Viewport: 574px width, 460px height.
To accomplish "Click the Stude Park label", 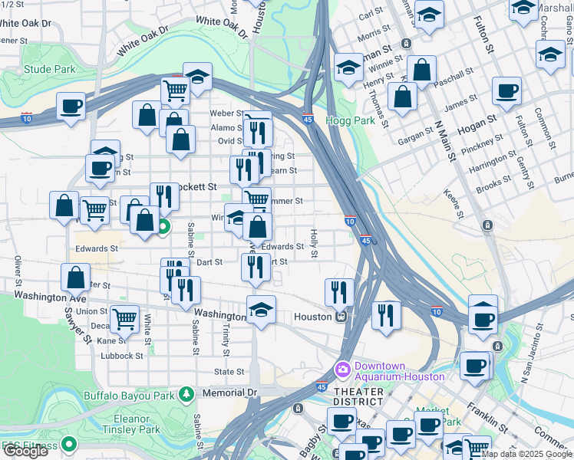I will (49, 70).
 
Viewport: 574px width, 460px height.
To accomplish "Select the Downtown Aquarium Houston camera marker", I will (342, 370).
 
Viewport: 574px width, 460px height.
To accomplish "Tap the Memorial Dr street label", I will (229, 393).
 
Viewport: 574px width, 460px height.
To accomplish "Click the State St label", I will (229, 372).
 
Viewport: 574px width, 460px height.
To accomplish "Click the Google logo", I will (26, 452).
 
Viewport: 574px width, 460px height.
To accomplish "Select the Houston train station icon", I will (342, 316).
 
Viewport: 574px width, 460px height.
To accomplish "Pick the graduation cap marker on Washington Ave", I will (261, 310).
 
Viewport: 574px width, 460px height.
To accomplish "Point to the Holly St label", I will (313, 242).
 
